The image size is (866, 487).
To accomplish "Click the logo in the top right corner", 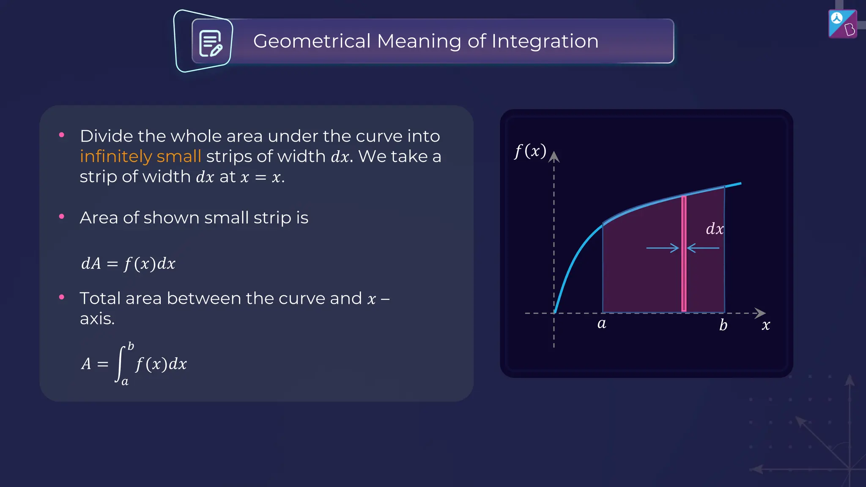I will (842, 24).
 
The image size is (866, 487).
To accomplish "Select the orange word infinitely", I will (116, 156).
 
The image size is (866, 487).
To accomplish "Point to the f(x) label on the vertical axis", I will (530, 151).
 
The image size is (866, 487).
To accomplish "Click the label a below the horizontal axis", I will (601, 324).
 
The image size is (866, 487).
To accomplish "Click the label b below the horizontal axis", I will (723, 325).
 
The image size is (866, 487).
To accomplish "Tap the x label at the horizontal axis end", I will (766, 325).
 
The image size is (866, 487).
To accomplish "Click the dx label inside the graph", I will (715, 229).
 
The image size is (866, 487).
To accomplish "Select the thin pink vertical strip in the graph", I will (684, 254).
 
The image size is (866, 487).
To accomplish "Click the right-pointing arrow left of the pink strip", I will (662, 248).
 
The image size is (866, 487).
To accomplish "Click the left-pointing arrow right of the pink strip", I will (703, 248).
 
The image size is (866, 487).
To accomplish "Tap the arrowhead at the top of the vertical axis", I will (554, 157).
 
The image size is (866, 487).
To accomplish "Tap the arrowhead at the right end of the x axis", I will (760, 313).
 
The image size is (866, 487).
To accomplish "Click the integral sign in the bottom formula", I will (120, 364).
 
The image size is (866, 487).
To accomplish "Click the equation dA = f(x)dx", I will (128, 263).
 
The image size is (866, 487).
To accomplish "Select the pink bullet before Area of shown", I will (62, 216).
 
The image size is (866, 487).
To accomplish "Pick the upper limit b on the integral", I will (131, 346).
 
